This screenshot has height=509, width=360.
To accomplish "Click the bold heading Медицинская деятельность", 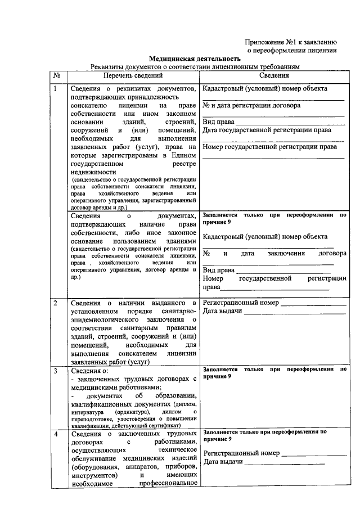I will [195, 58].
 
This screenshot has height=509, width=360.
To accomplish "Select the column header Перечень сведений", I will [132, 75].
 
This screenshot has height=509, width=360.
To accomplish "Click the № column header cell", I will [57, 75].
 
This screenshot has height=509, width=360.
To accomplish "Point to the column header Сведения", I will [274, 75].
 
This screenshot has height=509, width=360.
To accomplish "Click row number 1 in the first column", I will [55, 89].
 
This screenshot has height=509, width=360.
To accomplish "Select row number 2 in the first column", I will [55, 304].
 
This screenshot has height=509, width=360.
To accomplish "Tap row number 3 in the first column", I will [55, 371].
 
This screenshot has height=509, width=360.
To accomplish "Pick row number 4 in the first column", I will [55, 434].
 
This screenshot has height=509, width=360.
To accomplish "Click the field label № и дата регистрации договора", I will [251, 105].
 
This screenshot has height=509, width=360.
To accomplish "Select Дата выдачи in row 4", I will [223, 462].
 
